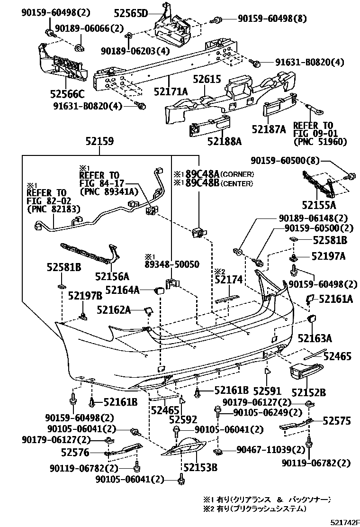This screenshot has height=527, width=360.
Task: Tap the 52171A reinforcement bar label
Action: (171, 91)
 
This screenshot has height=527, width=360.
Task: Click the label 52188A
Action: (224, 141)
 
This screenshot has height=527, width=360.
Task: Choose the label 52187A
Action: (269, 129)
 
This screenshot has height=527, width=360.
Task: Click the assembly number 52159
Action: (99, 141)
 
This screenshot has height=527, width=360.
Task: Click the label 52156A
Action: (112, 276)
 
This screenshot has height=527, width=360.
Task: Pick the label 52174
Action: (228, 281)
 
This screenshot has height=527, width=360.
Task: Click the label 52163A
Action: (315, 338)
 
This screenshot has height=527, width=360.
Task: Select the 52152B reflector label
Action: (308, 392)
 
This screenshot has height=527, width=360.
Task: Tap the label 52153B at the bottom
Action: (200, 468)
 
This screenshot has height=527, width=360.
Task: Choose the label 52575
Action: (337, 420)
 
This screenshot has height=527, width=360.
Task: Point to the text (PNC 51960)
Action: (320, 141)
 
